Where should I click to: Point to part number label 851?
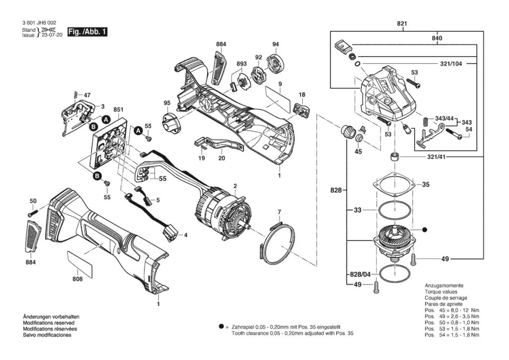(x=118, y=109)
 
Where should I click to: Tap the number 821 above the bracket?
(x=402, y=23)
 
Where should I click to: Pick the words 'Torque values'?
(x=440, y=291)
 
